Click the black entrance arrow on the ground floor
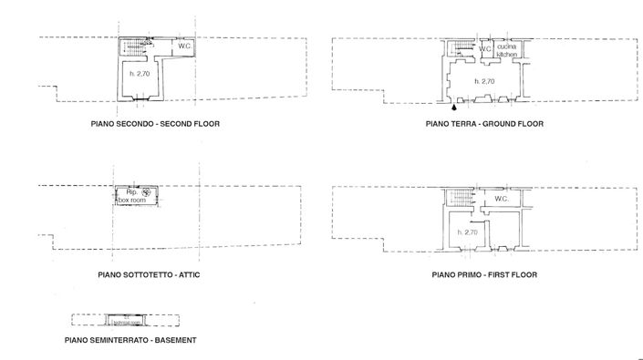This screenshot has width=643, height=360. click(x=454, y=107)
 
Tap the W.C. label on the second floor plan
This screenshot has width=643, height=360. click(x=183, y=46)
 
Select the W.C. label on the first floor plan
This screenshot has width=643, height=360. click(x=502, y=199)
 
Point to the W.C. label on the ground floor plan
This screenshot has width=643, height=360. click(x=485, y=48)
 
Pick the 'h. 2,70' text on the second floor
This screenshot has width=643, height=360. click(x=140, y=73)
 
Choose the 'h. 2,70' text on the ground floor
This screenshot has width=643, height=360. click(x=483, y=82)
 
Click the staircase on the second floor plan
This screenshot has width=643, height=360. click(x=134, y=46)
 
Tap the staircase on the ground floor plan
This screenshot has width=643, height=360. click(x=462, y=49)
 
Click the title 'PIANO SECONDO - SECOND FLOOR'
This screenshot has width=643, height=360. click(x=155, y=123)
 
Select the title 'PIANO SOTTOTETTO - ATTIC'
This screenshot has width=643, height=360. click(x=150, y=273)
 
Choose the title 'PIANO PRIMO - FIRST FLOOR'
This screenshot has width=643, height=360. click(x=484, y=273)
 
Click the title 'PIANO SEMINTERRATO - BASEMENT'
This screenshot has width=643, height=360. click(x=130, y=340)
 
